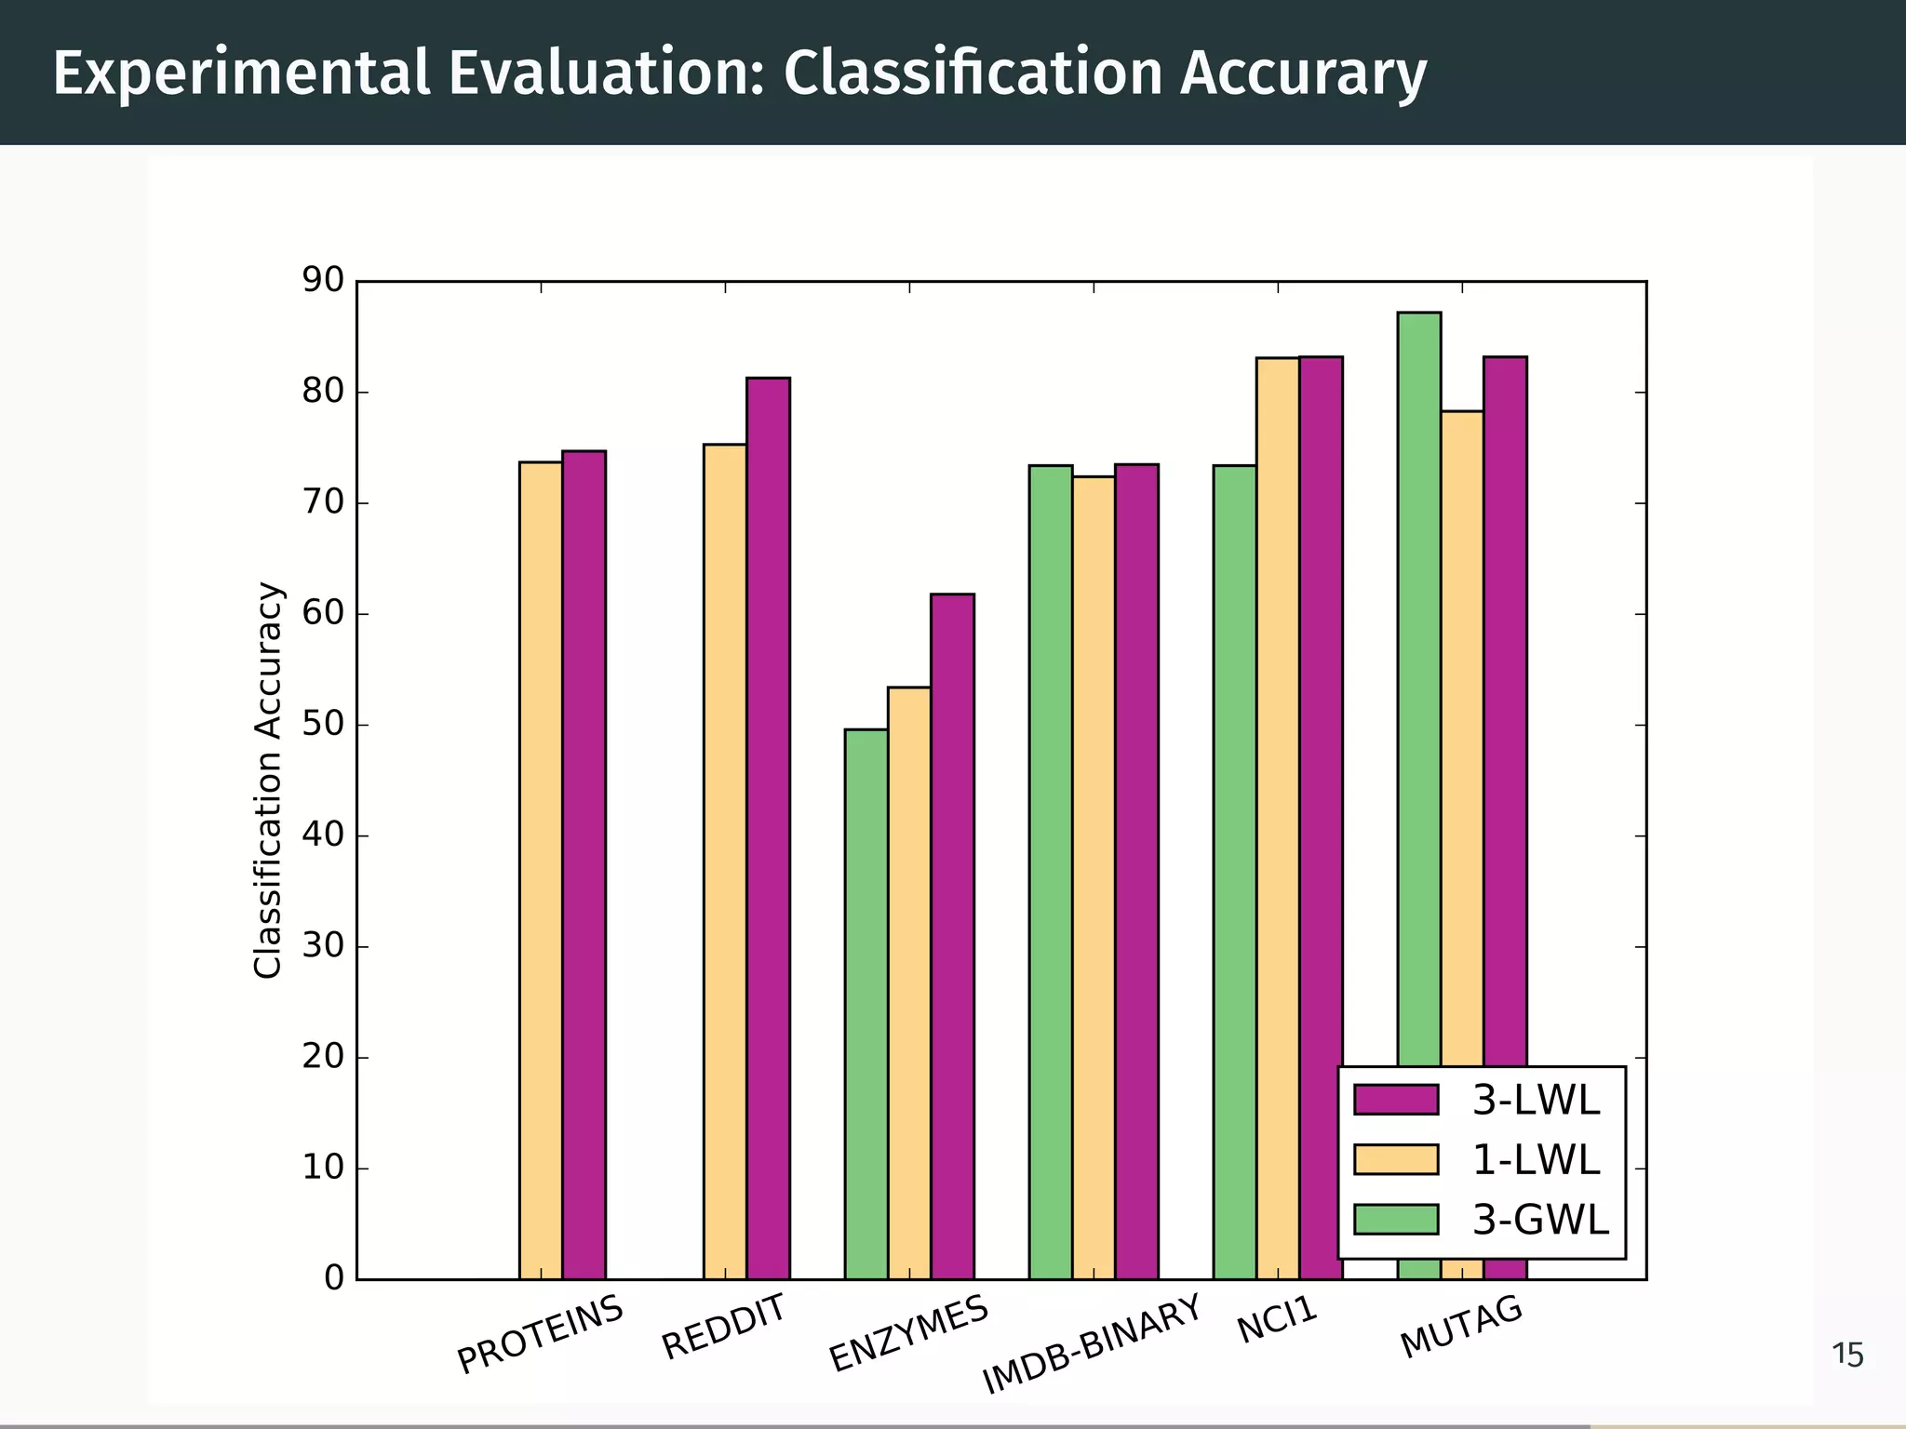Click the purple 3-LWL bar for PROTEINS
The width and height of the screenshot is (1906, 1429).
(584, 865)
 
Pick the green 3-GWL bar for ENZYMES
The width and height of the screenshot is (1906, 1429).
(866, 1005)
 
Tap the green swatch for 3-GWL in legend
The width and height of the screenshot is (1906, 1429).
(1396, 1219)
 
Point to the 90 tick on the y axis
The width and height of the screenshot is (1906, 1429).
(322, 280)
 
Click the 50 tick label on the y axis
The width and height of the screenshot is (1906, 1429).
(322, 725)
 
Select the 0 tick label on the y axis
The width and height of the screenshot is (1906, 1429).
(333, 1278)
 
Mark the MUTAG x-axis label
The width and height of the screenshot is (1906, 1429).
(1461, 1327)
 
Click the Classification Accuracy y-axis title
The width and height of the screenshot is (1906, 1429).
(267, 780)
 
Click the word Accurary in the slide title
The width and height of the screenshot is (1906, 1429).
(1303, 73)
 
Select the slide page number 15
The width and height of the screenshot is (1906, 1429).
(1847, 1356)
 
